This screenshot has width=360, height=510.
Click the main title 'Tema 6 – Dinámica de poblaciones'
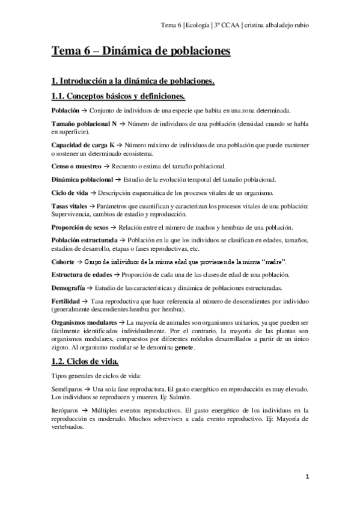pyautogui.click(x=141, y=52)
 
